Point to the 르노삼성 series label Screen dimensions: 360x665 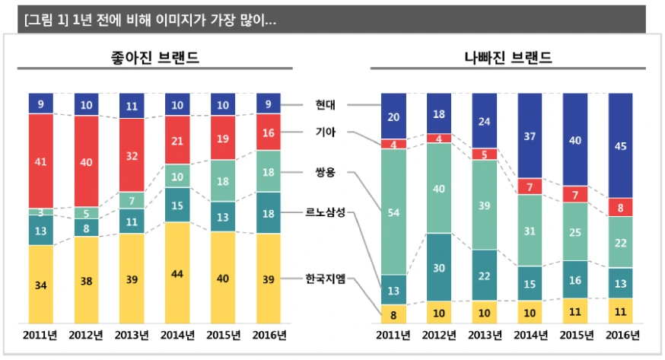point(326,212)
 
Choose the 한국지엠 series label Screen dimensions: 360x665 point(325,279)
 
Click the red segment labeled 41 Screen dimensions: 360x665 point(40,161)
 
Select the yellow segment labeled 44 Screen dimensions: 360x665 point(177,273)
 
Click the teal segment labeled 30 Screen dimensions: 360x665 point(440,267)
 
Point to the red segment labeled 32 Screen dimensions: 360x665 point(132,155)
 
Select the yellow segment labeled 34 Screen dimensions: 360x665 point(40,285)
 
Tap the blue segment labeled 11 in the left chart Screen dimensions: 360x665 point(132,106)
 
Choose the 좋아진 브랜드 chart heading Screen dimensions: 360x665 point(154,57)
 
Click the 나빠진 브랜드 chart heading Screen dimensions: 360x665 point(508,57)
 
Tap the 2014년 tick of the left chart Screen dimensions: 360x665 point(177,335)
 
